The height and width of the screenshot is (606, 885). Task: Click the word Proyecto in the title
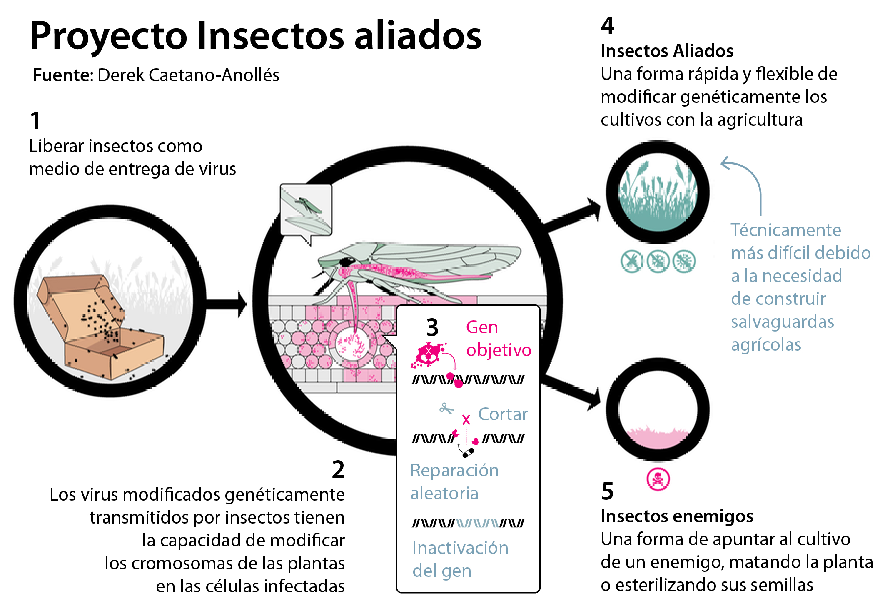point(109,37)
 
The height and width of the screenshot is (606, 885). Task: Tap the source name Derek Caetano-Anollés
point(188,75)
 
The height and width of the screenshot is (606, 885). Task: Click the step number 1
point(35,121)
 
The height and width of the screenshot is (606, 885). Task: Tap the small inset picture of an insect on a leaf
point(306,210)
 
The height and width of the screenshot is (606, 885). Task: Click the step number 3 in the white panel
point(432,327)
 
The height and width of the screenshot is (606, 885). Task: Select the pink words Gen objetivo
point(499,339)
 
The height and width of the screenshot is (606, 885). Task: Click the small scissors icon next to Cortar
point(446,409)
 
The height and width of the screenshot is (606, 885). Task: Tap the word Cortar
point(503,414)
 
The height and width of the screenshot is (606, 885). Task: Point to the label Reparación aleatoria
point(454,482)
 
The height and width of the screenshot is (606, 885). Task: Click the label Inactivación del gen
point(460,559)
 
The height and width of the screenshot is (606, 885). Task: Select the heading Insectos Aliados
point(667,51)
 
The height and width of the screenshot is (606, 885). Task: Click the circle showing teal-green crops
point(658,192)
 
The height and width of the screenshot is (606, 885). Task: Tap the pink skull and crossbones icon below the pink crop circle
point(658,479)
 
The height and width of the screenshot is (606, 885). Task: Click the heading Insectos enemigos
point(677,516)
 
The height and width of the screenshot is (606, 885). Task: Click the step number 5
point(607,491)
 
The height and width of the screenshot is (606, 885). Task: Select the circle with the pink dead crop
point(658,410)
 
